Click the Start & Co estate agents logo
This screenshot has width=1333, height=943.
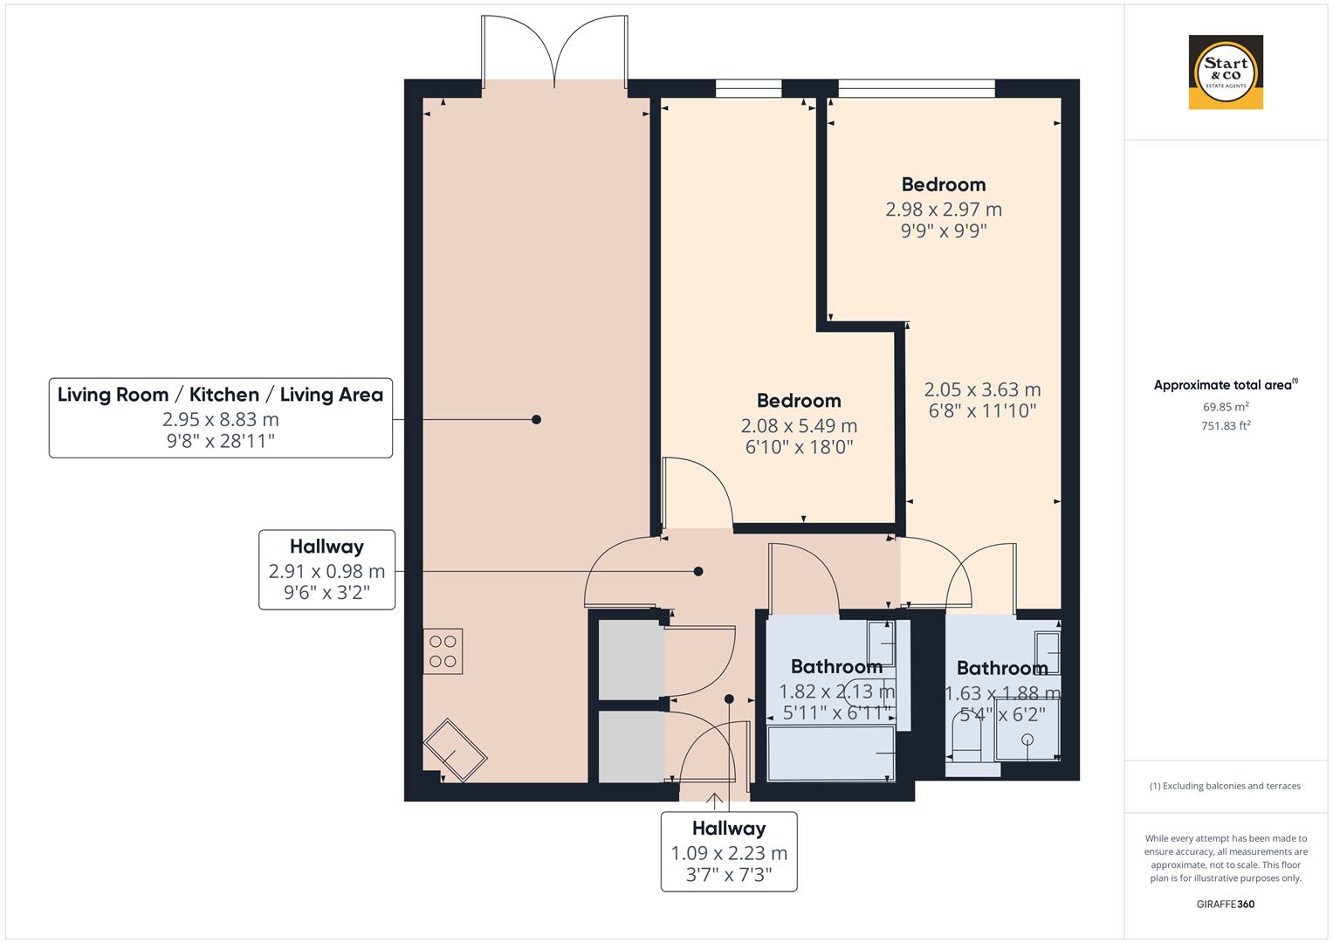tap(1226, 72)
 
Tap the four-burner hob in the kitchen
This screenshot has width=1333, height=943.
tap(443, 651)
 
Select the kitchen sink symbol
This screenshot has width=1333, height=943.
tap(455, 750)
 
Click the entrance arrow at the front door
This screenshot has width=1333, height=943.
tap(715, 799)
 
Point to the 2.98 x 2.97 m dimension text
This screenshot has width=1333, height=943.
tap(944, 210)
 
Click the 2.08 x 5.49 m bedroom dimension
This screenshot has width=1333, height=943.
tap(799, 426)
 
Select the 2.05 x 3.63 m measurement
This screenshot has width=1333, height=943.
tap(982, 389)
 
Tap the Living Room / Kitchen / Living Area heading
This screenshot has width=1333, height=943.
tap(220, 395)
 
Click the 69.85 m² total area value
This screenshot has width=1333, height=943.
tap(1226, 407)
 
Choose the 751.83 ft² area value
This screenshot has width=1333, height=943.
tap(1226, 426)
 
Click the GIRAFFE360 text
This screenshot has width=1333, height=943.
tap(1226, 904)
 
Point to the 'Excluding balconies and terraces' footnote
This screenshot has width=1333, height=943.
tap(1226, 786)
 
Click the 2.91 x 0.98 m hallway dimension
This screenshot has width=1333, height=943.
tap(326, 572)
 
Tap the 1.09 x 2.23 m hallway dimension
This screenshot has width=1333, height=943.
tap(729, 853)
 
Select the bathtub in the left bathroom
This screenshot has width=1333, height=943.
tap(830, 753)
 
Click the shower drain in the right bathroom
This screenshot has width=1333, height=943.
tap(1027, 740)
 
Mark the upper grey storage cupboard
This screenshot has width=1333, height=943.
tap(629, 659)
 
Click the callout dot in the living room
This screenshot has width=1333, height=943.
tap(536, 420)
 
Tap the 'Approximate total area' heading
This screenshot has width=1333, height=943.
tap(1224, 385)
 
